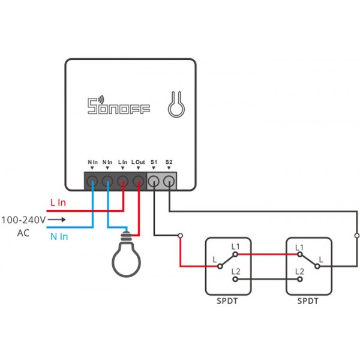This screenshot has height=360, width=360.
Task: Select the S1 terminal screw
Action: pyautogui.click(x=154, y=181)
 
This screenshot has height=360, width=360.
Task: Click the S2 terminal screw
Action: pyautogui.click(x=169, y=181)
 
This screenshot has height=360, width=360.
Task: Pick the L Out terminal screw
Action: pyautogui.click(x=138, y=181)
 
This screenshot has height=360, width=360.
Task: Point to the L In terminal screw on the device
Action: pyautogui.click(x=122, y=181)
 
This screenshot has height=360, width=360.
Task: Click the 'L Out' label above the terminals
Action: pyautogui.click(x=138, y=163)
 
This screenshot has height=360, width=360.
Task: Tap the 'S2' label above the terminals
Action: pyautogui.click(x=169, y=163)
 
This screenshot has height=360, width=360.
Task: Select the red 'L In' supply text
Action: pyautogui.click(x=58, y=203)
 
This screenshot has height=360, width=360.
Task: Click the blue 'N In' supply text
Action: pyautogui.click(x=59, y=237)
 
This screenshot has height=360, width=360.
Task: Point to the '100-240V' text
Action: pyautogui.click(x=23, y=220)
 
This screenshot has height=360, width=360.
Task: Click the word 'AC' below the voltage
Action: pyautogui.click(x=22, y=233)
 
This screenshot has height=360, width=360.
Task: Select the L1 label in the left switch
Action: pyautogui.click(x=235, y=247)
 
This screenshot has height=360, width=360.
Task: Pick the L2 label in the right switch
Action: pyautogui.click(x=299, y=272)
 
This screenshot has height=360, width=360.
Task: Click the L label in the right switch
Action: pyautogui.click(x=321, y=259)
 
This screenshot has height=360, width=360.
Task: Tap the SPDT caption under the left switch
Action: pyautogui.click(x=227, y=301)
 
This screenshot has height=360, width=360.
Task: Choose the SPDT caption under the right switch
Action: pyautogui.click(x=308, y=301)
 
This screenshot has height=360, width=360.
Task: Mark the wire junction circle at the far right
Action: pyautogui.click(x=356, y=235)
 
